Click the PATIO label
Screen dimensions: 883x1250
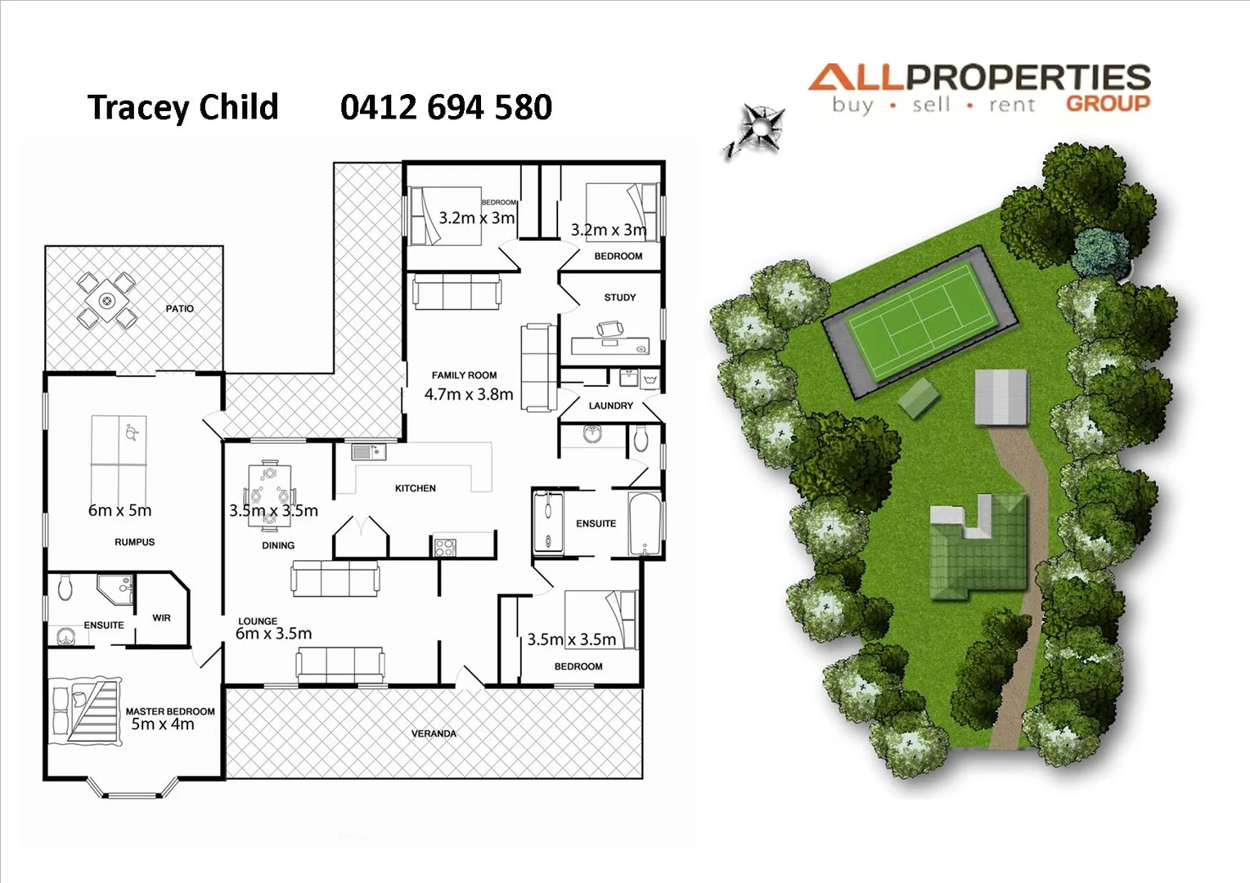[x=179, y=308]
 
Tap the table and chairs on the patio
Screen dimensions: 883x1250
[x=106, y=300]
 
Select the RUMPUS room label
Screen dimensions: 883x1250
[x=134, y=542]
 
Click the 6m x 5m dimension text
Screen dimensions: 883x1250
[x=119, y=510]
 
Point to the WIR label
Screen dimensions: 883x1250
[x=161, y=618]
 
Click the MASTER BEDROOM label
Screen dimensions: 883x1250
[x=170, y=711]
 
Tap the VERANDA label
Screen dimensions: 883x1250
[x=434, y=733]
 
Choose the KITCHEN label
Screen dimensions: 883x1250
[x=416, y=488]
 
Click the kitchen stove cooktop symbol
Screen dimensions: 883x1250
[x=444, y=547]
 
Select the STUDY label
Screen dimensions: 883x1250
[x=619, y=298]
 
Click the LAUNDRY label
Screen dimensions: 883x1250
[x=610, y=406]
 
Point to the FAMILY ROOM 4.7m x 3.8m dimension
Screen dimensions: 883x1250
[x=469, y=394]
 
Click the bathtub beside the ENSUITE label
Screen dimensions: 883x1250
[x=645, y=523]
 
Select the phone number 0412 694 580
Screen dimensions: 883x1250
[x=446, y=107]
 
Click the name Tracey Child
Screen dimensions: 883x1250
[x=182, y=107]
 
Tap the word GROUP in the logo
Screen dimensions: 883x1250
[x=1108, y=104]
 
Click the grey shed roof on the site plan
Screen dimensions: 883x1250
[x=1000, y=397]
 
